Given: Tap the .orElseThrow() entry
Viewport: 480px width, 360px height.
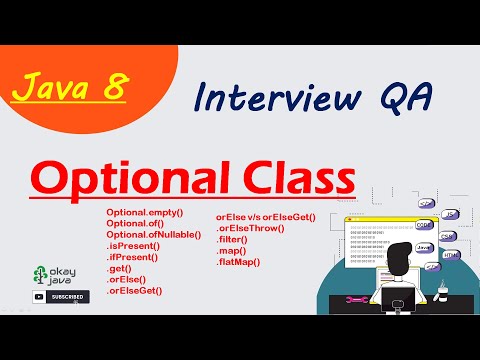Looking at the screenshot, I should [250, 228].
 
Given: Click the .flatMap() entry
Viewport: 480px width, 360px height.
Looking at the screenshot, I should [238, 262].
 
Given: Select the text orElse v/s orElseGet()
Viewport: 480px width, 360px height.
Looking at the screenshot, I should [265, 217].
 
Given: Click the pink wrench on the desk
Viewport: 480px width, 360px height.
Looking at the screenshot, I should [356, 300].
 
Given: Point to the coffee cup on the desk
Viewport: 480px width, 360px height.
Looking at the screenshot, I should [444, 290].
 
